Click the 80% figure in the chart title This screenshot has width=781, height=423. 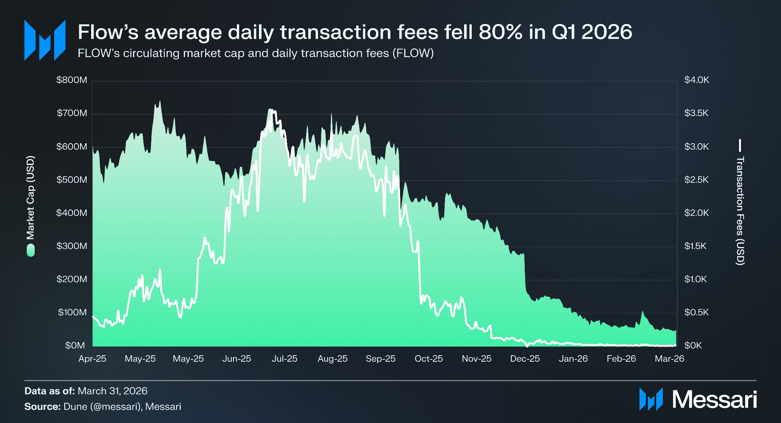500,32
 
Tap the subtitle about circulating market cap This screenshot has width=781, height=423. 256,53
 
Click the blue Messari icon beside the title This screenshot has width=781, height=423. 45,40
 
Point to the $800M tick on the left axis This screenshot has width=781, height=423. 72,80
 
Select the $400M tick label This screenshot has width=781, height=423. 72,213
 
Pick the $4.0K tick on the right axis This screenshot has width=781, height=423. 697,80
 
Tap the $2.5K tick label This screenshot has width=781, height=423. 696,180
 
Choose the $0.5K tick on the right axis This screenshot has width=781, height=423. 696,312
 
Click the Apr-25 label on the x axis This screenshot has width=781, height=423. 92,359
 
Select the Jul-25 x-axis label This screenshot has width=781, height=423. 284,359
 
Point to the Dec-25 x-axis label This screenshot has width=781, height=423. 525,359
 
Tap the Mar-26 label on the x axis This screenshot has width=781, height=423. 670,359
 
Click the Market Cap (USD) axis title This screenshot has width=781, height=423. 31,197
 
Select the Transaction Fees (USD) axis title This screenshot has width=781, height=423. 740,211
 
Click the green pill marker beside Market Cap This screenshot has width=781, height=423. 31,251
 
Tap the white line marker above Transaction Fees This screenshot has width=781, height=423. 740,145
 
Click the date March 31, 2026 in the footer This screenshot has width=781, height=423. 112,391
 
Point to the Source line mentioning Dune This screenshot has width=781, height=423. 103,407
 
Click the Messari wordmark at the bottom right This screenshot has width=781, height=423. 714,399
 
